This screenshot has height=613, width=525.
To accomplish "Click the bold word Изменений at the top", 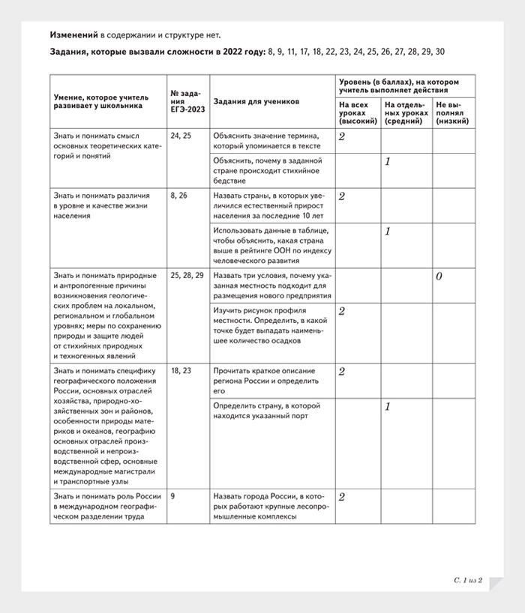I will pos(73,34).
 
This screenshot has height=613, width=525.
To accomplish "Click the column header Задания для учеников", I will pos(256,100).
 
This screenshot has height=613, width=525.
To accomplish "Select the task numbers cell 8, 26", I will pos(179,196).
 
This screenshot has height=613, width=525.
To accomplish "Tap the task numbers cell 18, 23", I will pos(181,370).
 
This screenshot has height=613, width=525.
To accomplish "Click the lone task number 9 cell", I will pos(173,495).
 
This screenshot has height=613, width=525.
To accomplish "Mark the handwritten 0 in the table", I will pos(439,277).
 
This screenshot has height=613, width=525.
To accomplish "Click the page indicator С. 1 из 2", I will pos(468,579).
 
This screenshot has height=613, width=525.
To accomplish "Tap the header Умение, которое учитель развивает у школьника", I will pos(101,101).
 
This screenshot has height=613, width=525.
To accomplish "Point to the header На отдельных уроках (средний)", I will pos(405,112).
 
